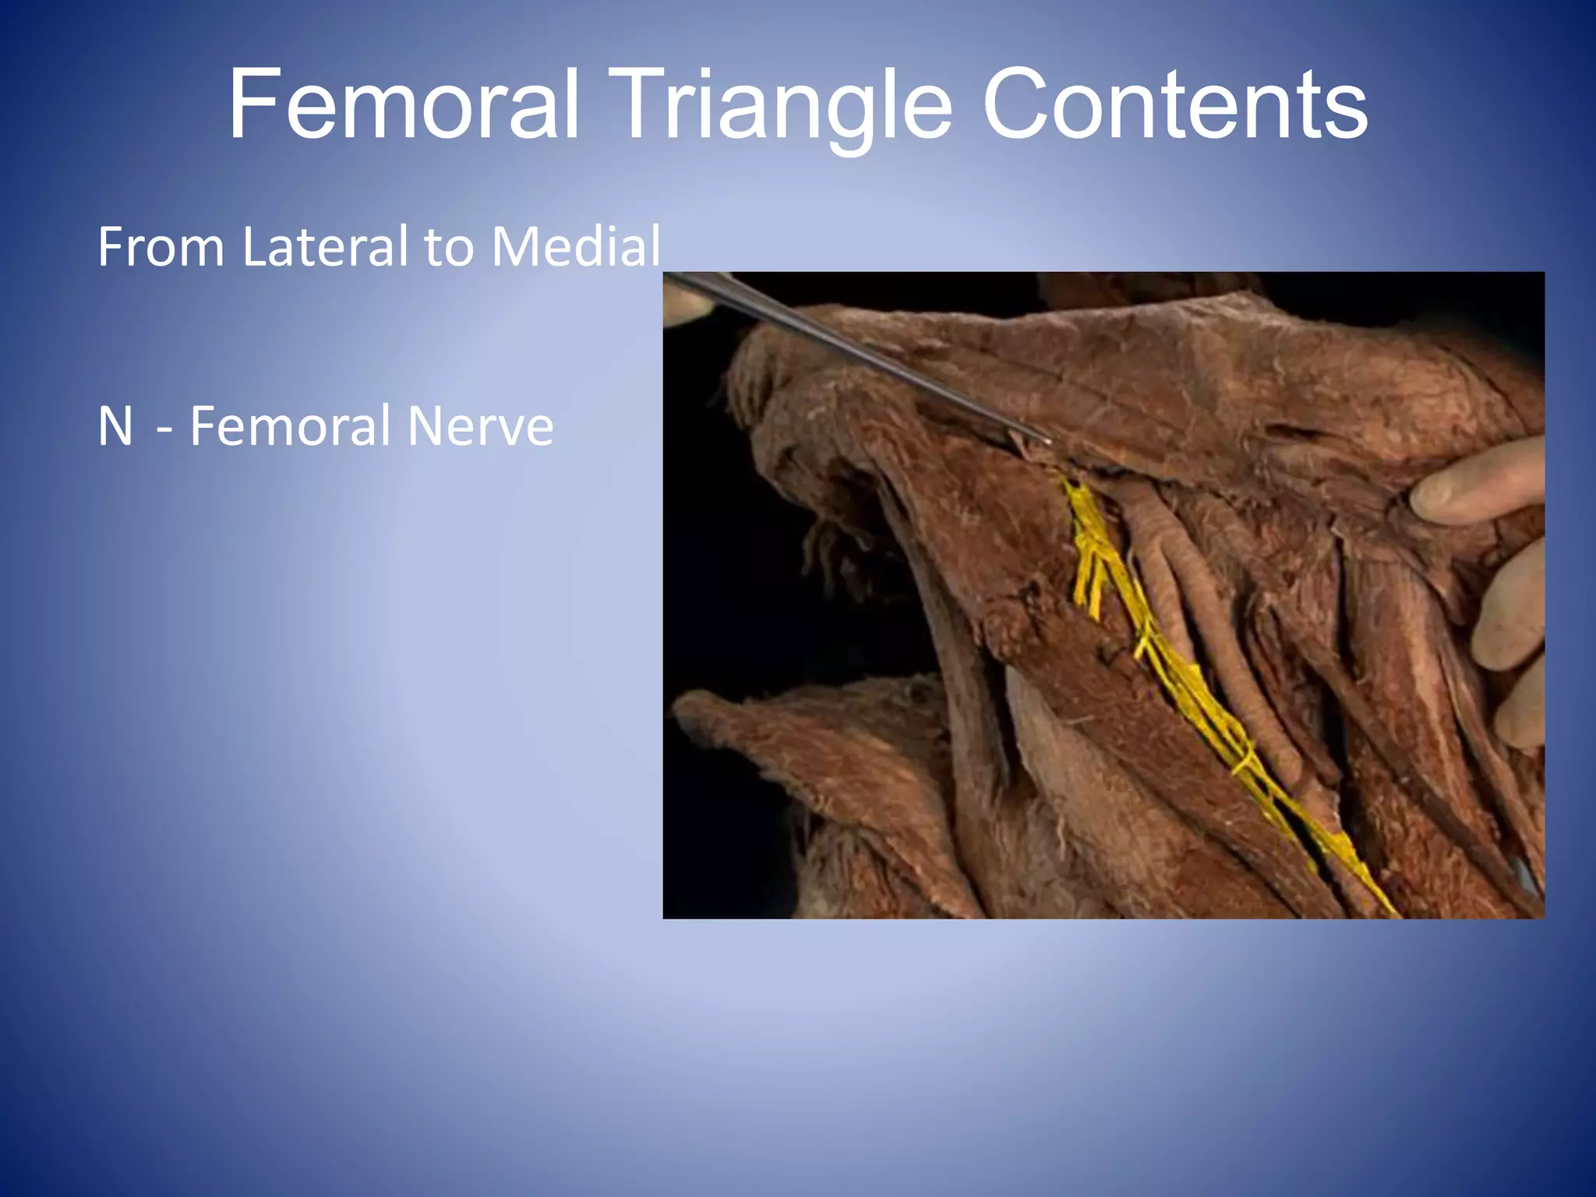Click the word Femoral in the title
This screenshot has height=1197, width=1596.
404,104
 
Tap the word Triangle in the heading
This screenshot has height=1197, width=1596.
785,106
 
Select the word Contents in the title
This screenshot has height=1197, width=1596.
1174,104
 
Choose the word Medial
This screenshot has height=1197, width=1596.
576,246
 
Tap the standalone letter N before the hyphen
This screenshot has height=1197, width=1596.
115,426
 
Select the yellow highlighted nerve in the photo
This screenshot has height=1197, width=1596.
1185,686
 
